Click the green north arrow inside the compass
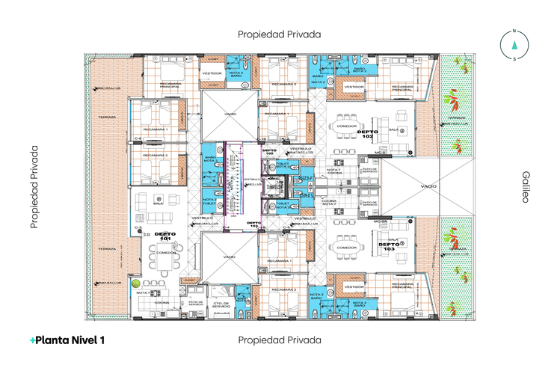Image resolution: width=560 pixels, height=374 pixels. point(514,46)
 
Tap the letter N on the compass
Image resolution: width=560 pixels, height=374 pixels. point(514,31)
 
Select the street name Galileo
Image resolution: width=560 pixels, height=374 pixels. point(526,186)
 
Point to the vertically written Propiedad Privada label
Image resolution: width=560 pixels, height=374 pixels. point(34,186)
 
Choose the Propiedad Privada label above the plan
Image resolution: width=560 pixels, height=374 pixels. point(279,34)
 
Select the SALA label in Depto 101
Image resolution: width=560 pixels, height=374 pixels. point(159,203)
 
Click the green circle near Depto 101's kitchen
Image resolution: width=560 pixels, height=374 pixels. point(135,283)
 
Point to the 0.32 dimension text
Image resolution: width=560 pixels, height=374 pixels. point(147,235)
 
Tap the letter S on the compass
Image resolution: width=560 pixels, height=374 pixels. point(514,60)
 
